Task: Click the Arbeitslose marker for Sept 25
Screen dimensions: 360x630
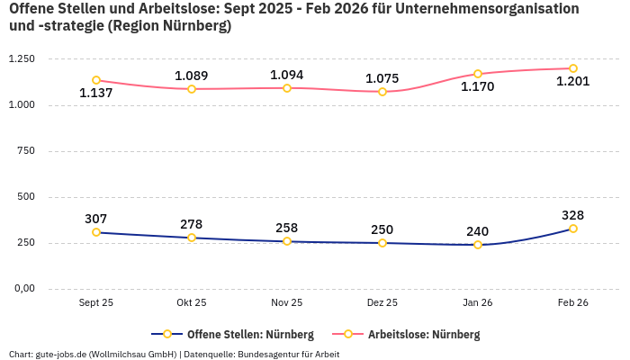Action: [96, 80]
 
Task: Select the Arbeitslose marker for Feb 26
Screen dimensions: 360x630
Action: [573, 68]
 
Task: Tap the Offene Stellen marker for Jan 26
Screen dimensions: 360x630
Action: [478, 245]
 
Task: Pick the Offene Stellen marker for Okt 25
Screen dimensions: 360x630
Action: [192, 238]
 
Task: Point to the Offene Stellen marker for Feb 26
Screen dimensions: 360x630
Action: [573, 229]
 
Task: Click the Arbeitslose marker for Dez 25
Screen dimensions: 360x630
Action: [382, 92]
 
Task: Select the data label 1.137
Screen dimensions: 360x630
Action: [96, 94]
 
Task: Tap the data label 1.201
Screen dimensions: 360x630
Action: [573, 82]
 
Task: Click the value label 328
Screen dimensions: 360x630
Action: [573, 215]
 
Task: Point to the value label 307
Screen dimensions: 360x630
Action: [96, 219]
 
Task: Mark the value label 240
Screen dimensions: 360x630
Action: [478, 231]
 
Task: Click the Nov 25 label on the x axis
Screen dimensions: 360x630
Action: [287, 303]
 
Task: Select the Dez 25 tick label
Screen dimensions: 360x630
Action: [382, 303]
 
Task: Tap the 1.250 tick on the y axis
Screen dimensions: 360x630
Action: [21, 59]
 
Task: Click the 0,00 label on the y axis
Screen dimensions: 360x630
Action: [23, 289]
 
